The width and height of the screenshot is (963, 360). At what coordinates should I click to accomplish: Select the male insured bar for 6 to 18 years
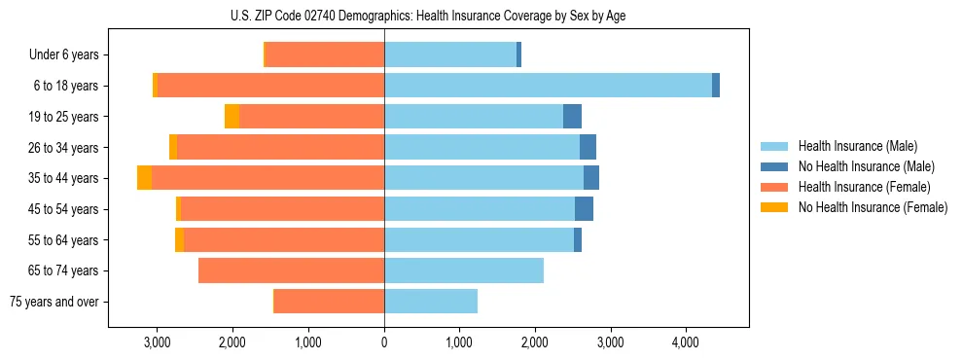point(548,86)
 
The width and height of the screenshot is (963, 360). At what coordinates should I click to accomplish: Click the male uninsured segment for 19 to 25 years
point(572,117)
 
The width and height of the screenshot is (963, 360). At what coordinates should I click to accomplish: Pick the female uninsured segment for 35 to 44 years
point(144,178)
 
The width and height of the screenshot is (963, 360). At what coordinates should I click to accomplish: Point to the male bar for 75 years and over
point(431,302)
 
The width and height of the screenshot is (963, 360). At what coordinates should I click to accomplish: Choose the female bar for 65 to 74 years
point(291,270)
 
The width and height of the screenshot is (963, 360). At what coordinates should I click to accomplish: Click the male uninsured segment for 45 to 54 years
point(584,209)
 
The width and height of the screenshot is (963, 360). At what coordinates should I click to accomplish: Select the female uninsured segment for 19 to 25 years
point(232,117)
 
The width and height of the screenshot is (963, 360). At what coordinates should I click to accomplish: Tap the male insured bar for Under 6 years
point(450,55)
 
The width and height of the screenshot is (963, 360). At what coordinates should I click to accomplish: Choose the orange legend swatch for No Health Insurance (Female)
point(775,207)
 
